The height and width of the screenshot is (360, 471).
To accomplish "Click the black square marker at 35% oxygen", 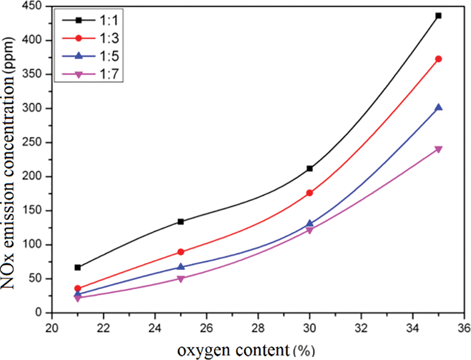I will [x=439, y=16].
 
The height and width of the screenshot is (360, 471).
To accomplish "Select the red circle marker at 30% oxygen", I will [x=309, y=193].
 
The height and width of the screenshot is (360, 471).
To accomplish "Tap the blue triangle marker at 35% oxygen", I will [x=439, y=107].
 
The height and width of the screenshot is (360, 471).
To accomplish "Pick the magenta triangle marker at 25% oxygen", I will [x=181, y=279].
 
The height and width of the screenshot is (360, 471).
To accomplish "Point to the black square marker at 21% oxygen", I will [x=78, y=267].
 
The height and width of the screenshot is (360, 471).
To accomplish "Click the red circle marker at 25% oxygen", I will [x=181, y=252].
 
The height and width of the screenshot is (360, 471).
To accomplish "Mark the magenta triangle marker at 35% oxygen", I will [x=439, y=150].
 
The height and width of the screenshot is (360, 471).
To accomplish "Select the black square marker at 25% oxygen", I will [x=181, y=222].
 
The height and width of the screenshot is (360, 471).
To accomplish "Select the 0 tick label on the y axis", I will [x=42, y=313].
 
